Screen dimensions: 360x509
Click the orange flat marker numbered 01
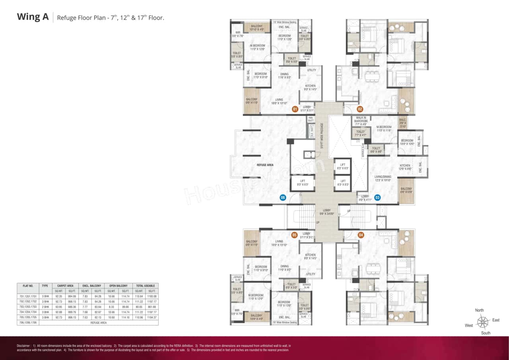(x=295, y=109)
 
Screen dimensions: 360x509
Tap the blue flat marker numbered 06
(x=283, y=197)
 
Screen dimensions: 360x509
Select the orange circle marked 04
(x=361, y=235)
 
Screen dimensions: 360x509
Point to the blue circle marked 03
(x=377, y=197)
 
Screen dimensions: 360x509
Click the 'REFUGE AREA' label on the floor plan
(x=265, y=165)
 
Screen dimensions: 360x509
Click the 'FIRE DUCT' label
(x=311, y=119)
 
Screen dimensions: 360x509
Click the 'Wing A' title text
(x=33, y=17)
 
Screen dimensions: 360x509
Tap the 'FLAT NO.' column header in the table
(x=28, y=286)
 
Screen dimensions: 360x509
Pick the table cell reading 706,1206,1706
(x=28, y=323)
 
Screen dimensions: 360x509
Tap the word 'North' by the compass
(x=480, y=310)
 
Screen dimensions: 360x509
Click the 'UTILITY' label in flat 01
(x=312, y=70)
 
